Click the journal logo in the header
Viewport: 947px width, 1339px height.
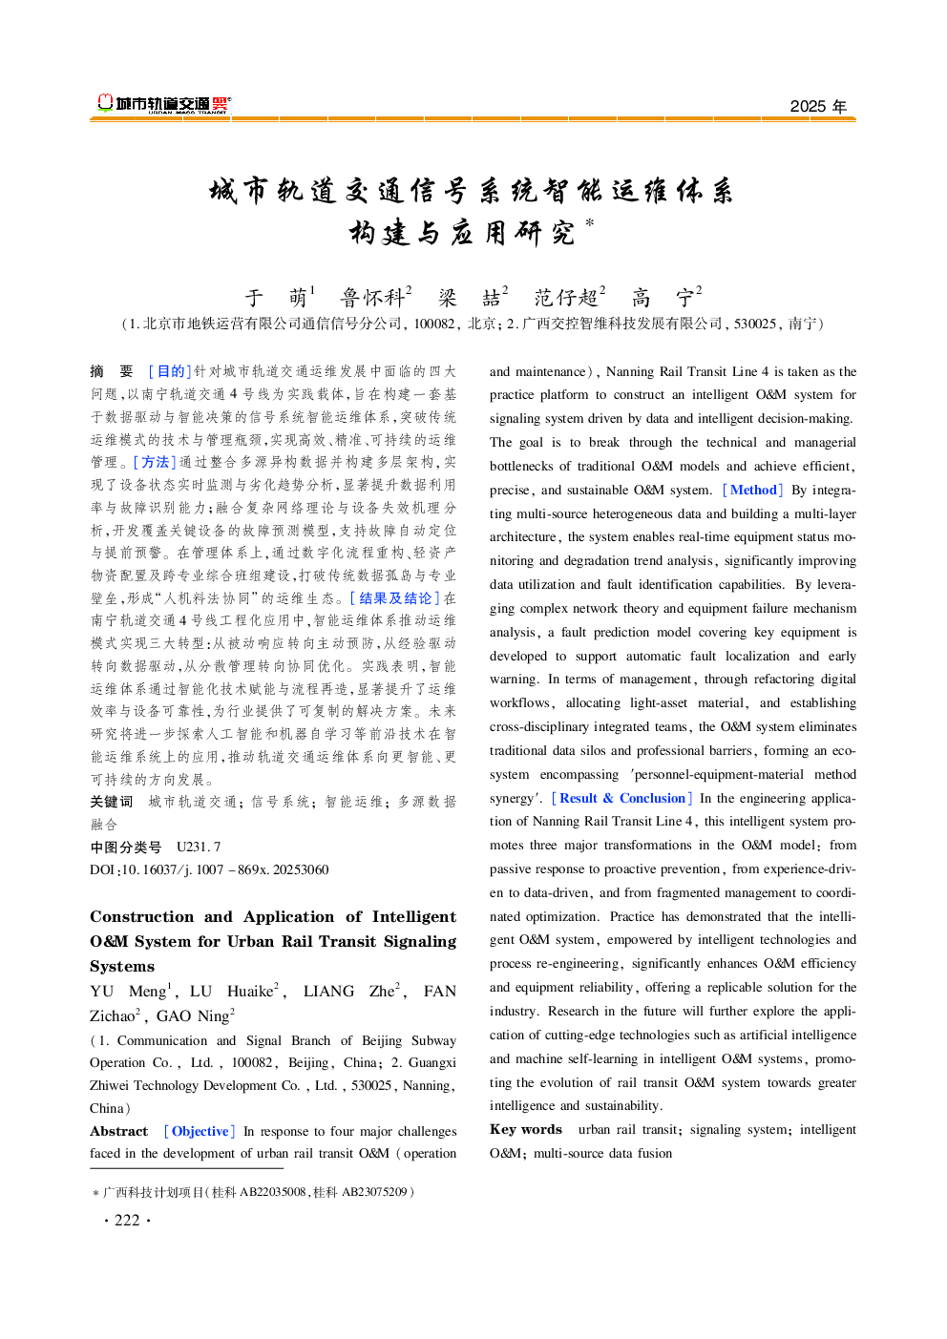[163, 104]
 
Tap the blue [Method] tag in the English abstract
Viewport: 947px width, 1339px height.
[753, 490]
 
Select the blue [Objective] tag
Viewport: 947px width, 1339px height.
[200, 1131]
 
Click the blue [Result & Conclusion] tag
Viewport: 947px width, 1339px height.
[621, 798]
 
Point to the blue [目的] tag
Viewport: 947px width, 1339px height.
[170, 371]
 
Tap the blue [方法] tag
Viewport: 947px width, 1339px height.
[155, 462]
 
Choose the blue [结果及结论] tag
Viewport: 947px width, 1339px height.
[394, 598]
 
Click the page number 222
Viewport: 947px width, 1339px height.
[127, 1220]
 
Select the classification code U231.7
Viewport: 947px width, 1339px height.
[199, 847]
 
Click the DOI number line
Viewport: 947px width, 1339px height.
[209, 869]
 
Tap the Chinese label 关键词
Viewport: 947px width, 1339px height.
[112, 802]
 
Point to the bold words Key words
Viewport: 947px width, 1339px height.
[525, 1129]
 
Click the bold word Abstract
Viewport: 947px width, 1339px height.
[119, 1131]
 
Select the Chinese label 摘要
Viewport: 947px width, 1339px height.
[112, 371]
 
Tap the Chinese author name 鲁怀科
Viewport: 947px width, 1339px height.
[373, 298]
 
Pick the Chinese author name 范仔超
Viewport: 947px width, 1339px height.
[566, 298]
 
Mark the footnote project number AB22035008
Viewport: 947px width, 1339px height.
[272, 1192]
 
